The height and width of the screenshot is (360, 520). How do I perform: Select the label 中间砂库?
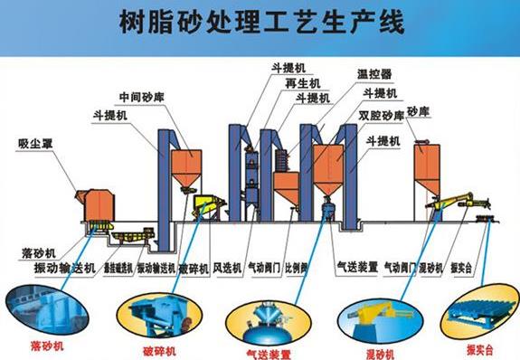pos(140,97)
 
